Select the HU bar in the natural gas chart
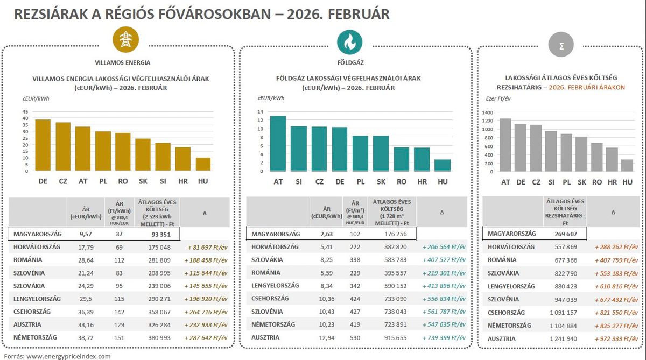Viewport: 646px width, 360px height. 443,165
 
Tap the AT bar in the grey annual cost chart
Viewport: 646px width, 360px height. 505,145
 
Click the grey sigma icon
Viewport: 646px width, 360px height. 561,46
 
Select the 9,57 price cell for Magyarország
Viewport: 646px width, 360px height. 86,234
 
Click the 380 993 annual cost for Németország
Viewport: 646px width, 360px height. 159,337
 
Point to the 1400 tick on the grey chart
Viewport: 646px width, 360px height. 488,112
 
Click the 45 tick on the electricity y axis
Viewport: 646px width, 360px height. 25,112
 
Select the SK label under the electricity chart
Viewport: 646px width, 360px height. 143,182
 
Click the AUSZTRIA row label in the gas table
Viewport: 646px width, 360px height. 266,337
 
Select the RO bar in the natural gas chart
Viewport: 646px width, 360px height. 402,159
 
